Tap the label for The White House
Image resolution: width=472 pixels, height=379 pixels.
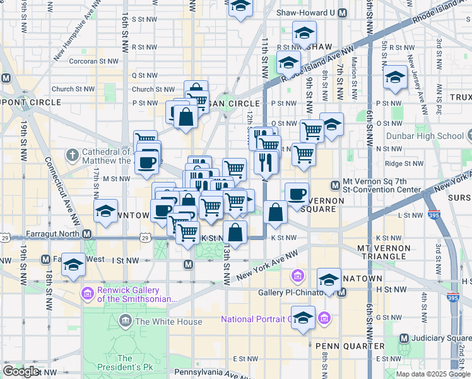click(168, 322)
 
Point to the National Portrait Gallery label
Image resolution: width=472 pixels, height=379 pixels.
click(256, 319)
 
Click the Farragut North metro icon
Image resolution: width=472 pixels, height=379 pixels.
click(89, 234)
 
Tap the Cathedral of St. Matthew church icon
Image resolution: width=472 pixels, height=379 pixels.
click(74, 153)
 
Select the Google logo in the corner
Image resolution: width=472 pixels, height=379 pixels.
click(21, 371)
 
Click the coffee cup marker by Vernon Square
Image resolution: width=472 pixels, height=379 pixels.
click(297, 195)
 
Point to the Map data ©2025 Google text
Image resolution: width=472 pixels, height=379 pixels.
click(432, 374)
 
